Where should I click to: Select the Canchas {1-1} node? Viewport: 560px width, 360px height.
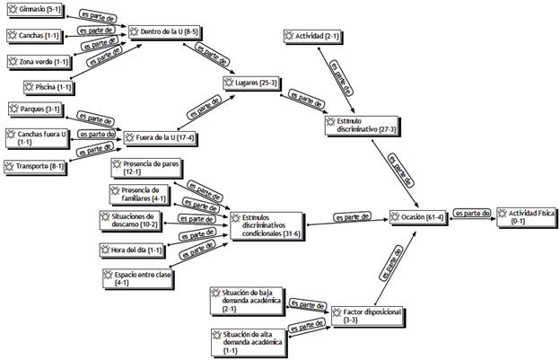point(35,36)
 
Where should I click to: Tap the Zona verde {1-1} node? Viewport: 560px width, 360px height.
point(39,61)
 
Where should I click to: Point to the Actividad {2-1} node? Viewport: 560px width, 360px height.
point(311,36)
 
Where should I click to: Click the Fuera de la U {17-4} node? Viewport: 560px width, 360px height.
point(161,138)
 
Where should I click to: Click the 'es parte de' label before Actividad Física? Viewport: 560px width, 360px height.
point(471,213)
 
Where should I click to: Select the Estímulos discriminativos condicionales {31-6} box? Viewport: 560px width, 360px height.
point(267,226)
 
